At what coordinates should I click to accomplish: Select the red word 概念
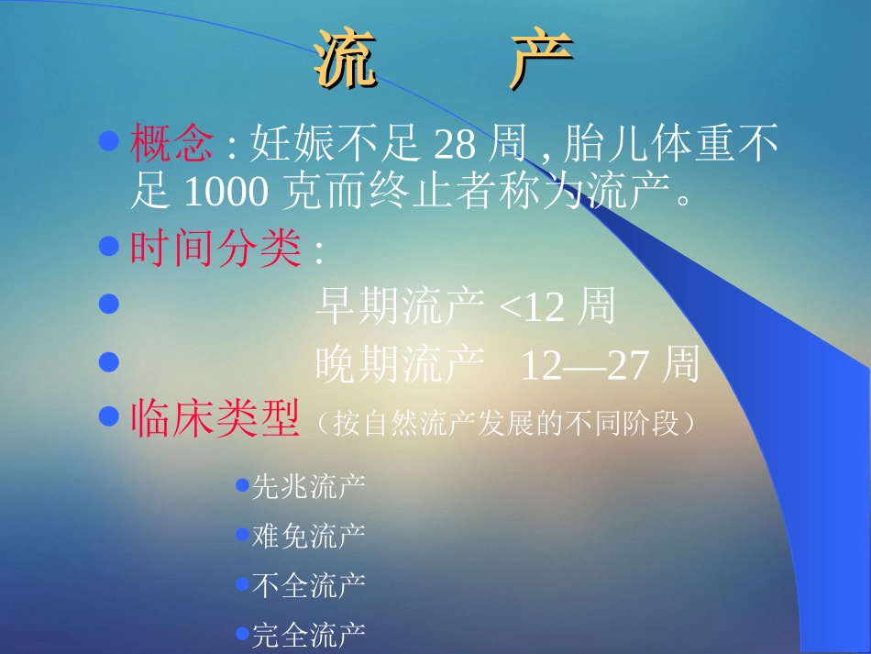pos(172,144)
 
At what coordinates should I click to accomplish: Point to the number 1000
pos(226,192)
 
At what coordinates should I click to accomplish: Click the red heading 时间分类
pos(216,249)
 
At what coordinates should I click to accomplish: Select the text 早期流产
pos(400,307)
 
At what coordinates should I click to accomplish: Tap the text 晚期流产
pos(400,365)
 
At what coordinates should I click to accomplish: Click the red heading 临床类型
pos(216,421)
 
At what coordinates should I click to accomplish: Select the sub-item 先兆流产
pos(308,486)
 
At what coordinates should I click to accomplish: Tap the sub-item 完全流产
pos(308,634)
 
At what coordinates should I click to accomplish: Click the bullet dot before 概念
pos(109,141)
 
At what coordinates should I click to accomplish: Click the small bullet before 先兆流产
pos(242,484)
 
